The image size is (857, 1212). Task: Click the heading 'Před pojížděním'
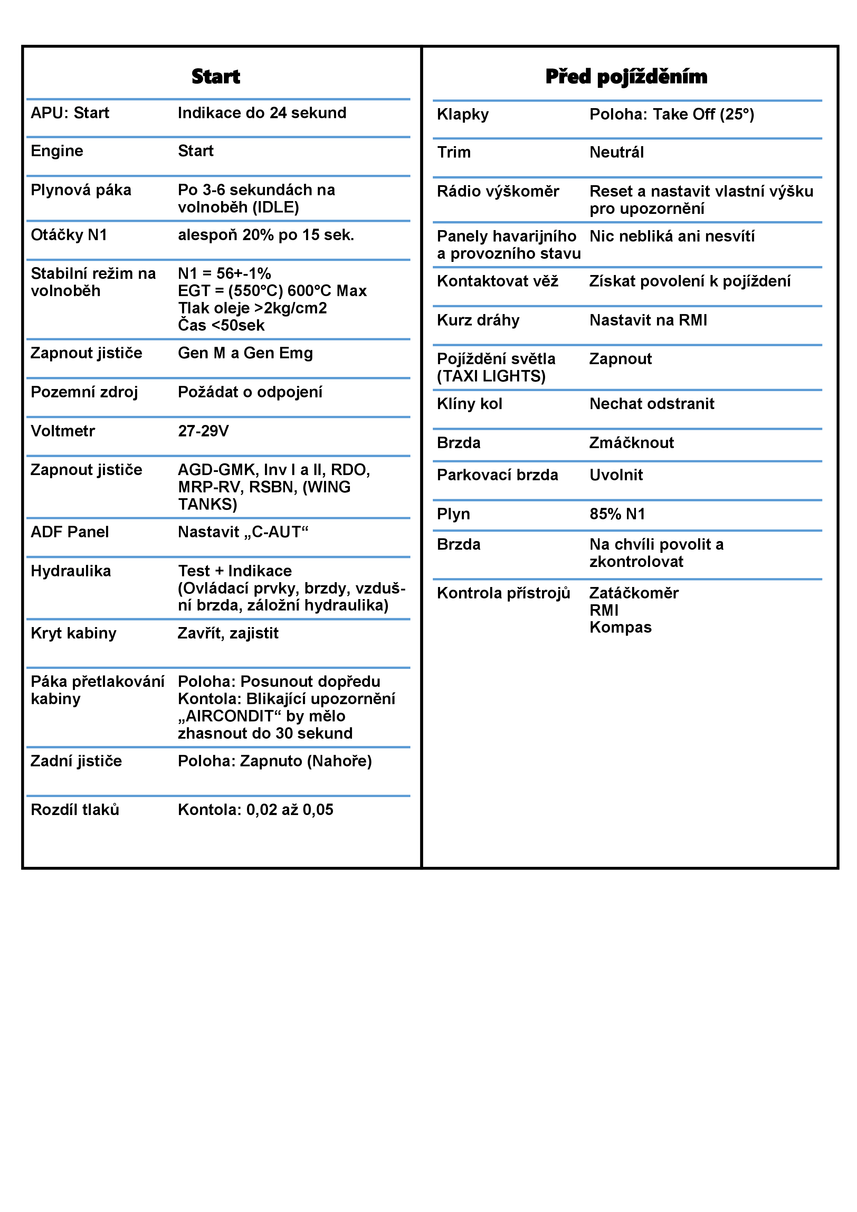626,77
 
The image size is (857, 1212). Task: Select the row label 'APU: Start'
70,113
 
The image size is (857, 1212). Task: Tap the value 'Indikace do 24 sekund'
262,113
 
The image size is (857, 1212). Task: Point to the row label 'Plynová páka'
81,190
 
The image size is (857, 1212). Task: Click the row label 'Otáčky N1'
69,235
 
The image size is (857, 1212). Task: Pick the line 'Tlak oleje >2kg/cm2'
252,308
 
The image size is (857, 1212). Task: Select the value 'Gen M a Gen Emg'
245,353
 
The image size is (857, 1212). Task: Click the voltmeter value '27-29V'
203,431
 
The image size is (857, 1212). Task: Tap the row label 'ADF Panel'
70,532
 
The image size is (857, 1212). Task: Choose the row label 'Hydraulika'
71,571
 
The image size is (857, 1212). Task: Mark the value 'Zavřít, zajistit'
228,633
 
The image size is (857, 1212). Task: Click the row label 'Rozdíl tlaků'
75,809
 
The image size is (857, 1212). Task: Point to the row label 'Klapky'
463,115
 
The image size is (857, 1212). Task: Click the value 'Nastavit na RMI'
648,320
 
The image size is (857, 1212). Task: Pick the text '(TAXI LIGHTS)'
491,376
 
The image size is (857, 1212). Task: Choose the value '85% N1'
617,514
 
